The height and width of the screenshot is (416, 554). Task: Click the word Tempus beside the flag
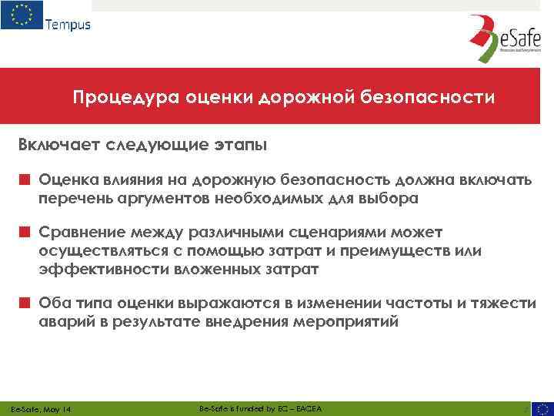(68, 24)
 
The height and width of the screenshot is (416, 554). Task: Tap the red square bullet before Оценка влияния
(25, 179)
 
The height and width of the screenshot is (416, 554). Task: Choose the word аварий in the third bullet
(62, 322)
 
